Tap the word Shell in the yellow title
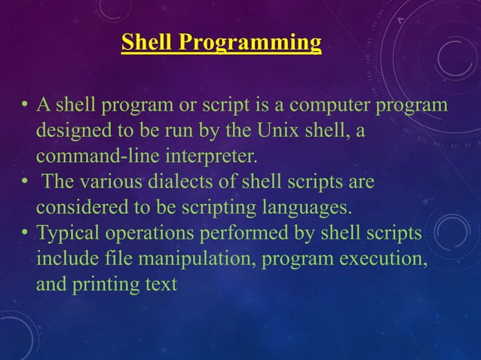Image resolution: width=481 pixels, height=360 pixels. pyautogui.click(x=148, y=42)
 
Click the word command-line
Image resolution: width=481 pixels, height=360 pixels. pyautogui.click(x=88, y=157)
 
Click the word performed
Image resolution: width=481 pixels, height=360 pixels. pyautogui.click(x=234, y=235)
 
